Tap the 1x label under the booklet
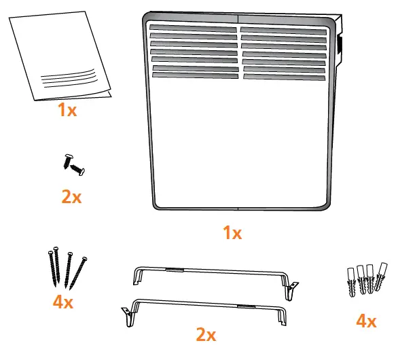[67, 110]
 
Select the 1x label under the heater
[232, 233]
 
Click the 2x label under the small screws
[71, 197]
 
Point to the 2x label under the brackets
[206, 334]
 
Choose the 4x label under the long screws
[62, 301]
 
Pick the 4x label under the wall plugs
[366, 321]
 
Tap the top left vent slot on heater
[193, 29]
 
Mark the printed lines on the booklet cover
[67, 76]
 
